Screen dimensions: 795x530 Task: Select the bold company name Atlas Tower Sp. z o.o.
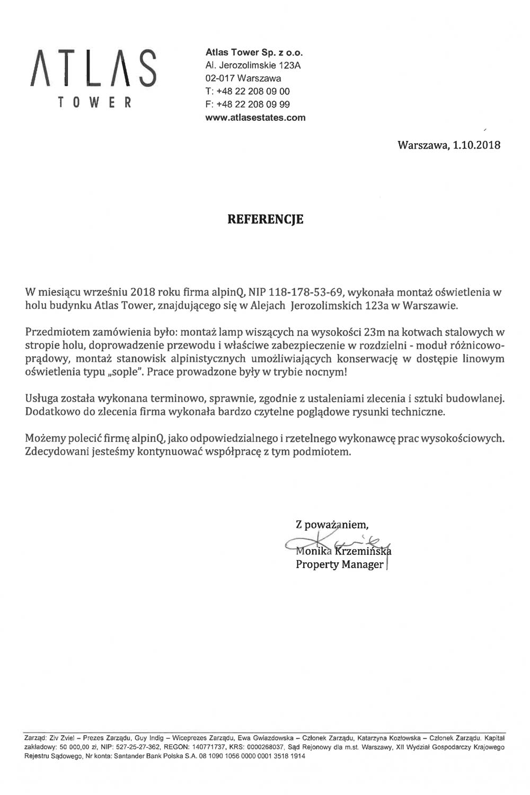click(254, 53)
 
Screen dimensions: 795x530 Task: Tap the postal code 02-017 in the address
click(221, 78)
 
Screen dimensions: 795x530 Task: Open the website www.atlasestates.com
click(255, 118)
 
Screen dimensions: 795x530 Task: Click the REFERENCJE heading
click(265, 219)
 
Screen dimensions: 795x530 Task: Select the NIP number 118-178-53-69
click(307, 292)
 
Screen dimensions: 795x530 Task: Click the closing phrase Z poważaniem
click(332, 525)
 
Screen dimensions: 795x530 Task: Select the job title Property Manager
click(339, 564)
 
